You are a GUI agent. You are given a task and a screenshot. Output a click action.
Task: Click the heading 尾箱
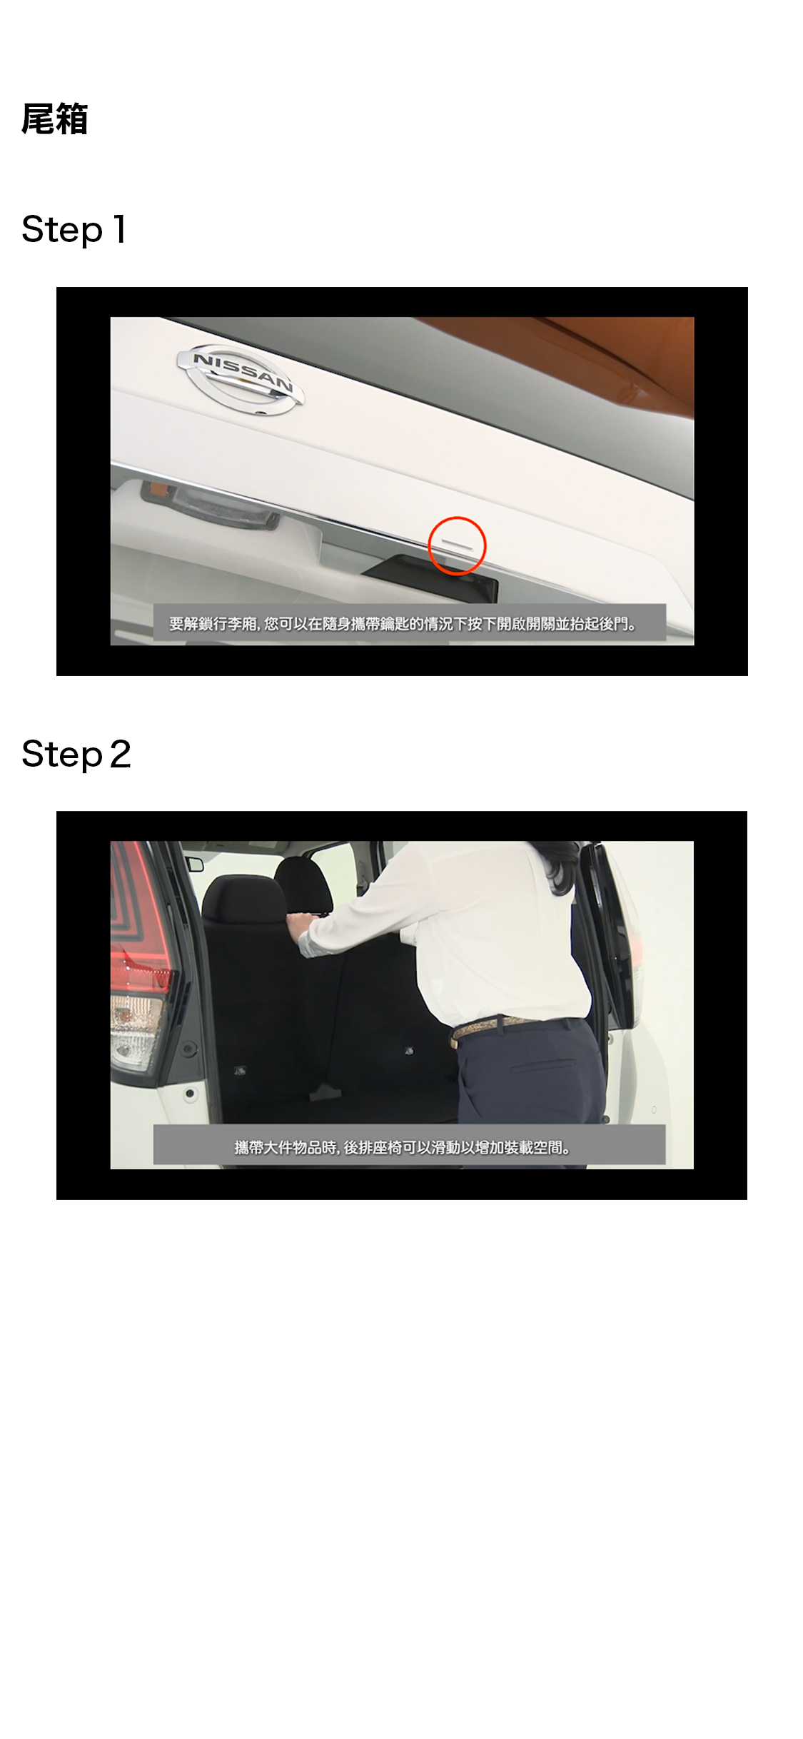54,119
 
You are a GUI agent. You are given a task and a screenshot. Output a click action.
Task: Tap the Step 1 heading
74,230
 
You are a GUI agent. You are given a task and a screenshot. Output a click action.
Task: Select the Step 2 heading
76,755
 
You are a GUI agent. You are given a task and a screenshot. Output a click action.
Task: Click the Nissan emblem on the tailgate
240,380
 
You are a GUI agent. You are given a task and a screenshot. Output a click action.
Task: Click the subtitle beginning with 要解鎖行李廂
403,624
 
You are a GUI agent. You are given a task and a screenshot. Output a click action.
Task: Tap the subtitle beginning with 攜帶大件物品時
403,1148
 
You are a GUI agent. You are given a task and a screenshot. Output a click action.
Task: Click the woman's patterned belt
500,1027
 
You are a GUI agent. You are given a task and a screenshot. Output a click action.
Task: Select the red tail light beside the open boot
139,921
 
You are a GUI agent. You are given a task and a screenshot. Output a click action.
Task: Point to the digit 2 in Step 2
121,755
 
